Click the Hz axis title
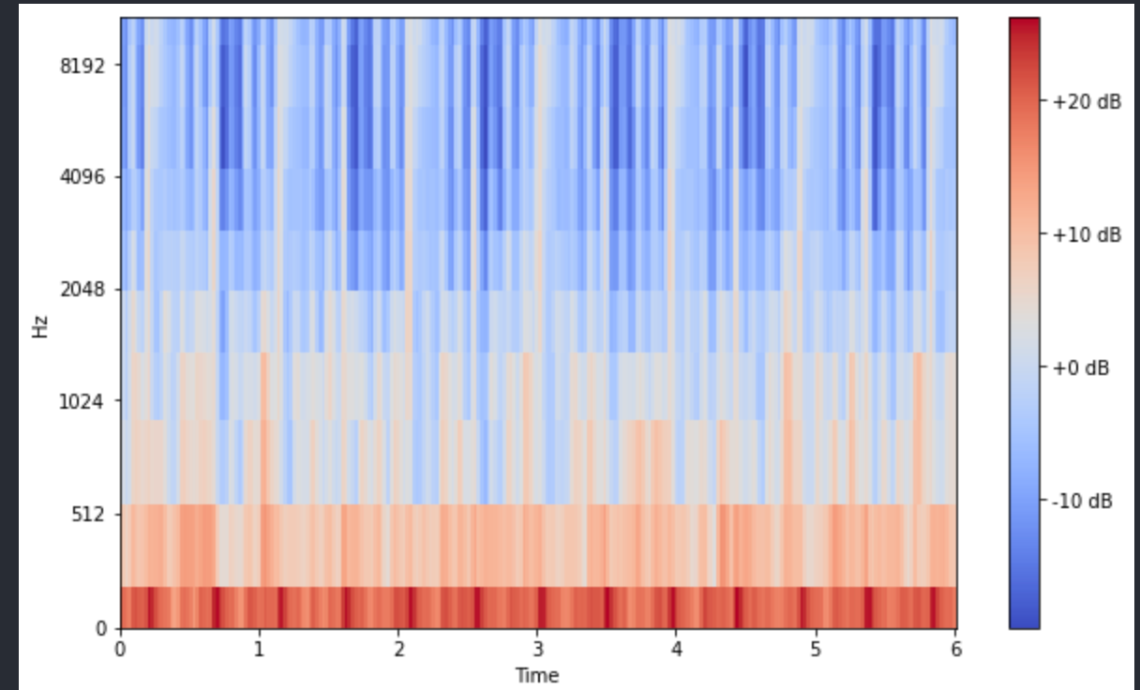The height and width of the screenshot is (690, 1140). [40, 326]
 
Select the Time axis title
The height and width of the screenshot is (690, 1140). [537, 674]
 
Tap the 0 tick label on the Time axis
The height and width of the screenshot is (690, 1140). [120, 649]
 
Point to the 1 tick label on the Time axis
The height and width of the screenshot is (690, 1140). [260, 649]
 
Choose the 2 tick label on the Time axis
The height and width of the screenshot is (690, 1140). [398, 649]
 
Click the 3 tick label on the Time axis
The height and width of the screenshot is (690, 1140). [537, 649]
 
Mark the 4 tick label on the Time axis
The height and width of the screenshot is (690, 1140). [676, 649]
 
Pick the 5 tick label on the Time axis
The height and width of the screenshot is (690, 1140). [816, 649]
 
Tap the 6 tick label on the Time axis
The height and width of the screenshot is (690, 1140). [955, 649]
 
